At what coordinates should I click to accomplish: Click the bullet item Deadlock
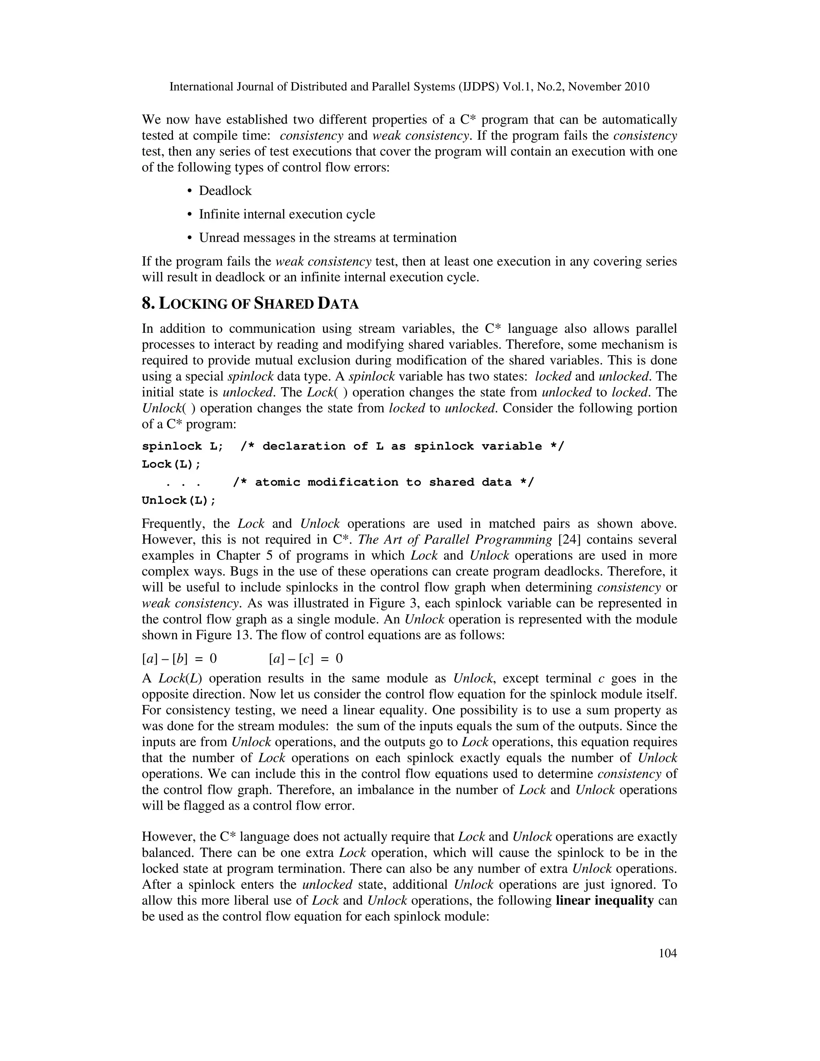(x=225, y=191)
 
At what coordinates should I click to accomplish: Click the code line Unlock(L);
(x=178, y=500)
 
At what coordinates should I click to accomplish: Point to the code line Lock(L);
(x=171, y=464)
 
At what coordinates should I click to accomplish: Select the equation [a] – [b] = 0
(x=179, y=659)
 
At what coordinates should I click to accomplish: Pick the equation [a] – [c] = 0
(x=305, y=659)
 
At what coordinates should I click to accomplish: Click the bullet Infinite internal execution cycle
(x=287, y=214)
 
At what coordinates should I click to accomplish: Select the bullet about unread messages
(x=328, y=238)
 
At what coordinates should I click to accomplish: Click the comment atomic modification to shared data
(x=383, y=482)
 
